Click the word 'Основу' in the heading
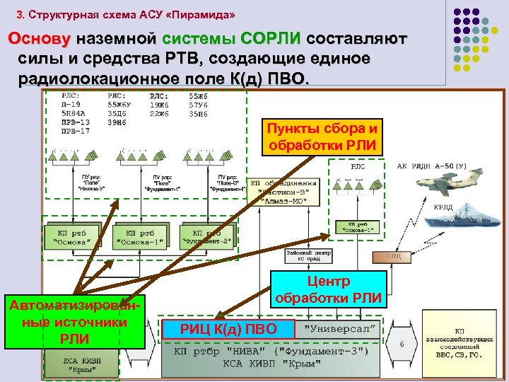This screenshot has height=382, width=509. [x=40, y=37]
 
